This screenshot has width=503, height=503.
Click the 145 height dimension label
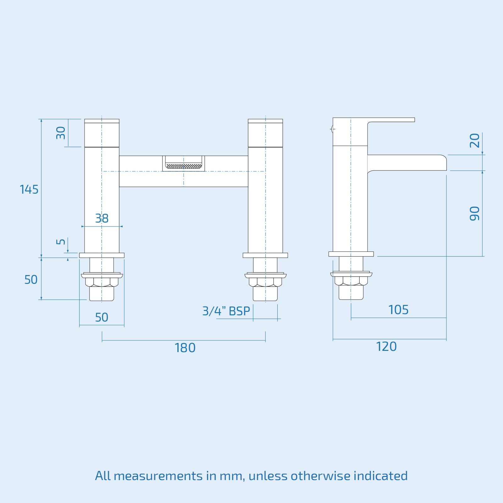(x=29, y=190)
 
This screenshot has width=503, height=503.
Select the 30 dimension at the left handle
(x=61, y=133)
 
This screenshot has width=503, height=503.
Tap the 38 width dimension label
(x=102, y=218)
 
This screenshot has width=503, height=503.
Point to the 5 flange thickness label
(x=61, y=241)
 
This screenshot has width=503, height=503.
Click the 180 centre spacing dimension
(x=185, y=348)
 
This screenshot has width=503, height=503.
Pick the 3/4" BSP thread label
(x=226, y=311)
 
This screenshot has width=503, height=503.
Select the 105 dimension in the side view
(x=398, y=310)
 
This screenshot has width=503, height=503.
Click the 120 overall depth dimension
(x=386, y=346)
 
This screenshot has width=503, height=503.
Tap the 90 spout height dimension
(x=474, y=213)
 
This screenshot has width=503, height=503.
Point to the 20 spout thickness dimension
(x=474, y=141)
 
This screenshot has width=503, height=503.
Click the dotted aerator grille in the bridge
(x=184, y=166)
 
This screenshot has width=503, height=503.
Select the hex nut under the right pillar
(x=265, y=282)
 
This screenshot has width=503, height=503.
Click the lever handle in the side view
(x=391, y=120)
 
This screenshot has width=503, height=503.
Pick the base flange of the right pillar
(x=265, y=255)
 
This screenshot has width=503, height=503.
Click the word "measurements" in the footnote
(x=158, y=476)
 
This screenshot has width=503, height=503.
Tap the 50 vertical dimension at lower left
(x=31, y=279)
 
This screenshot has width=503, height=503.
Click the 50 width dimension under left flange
(x=102, y=317)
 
